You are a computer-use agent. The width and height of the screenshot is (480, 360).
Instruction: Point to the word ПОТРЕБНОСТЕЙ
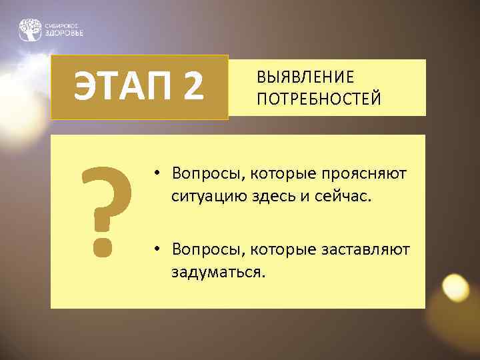(x=319, y=99)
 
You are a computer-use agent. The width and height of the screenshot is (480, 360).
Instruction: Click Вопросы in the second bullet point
(x=202, y=249)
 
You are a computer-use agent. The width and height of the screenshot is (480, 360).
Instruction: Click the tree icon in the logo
(x=30, y=29)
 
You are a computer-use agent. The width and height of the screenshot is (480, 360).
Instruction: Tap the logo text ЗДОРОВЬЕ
(x=65, y=33)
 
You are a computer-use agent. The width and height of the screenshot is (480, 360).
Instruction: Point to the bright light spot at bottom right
(x=456, y=287)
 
